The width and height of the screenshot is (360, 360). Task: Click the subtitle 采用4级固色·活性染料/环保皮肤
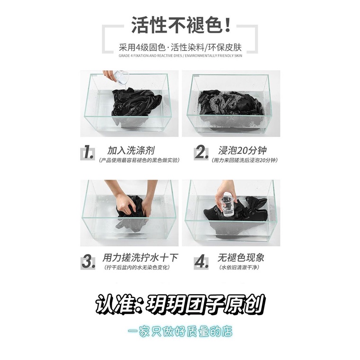pyautogui.click(x=180, y=48)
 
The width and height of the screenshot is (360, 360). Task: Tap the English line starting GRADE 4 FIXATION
pyautogui.click(x=180, y=55)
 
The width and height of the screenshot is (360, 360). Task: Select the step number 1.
pyautogui.click(x=88, y=153)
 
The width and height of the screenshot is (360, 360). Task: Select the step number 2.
pyautogui.click(x=201, y=153)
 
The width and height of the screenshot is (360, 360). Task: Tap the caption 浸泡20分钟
pyautogui.click(x=243, y=151)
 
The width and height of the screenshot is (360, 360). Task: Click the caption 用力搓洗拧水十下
pyautogui.click(x=140, y=258)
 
